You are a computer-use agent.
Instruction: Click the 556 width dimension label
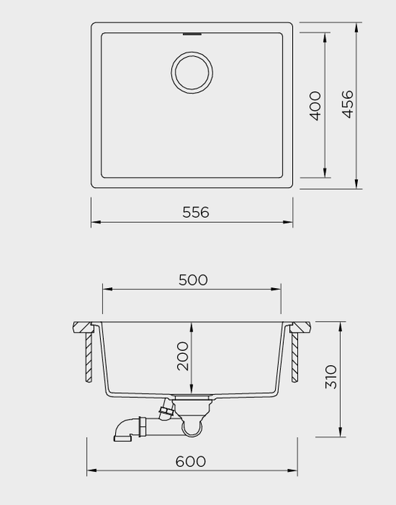point(196,212)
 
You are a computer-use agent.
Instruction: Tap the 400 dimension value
point(315,105)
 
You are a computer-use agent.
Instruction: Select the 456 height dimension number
point(347,104)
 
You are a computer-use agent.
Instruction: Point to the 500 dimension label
point(193,280)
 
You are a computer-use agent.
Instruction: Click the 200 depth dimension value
point(183,356)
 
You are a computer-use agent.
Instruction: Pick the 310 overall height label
point(331,377)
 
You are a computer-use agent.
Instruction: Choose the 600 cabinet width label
point(191,462)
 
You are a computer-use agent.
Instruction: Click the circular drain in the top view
point(192,52)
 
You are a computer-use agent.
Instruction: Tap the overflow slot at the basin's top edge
point(192,34)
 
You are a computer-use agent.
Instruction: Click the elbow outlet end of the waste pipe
point(123,438)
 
